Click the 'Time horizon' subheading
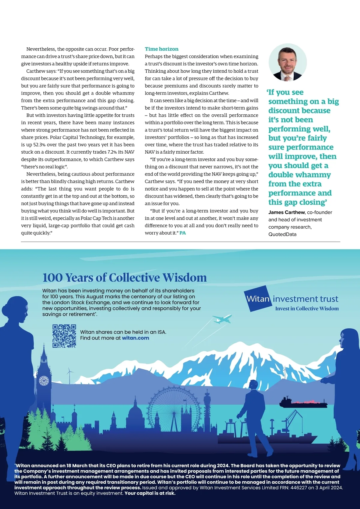pyautogui.click(x=161, y=49)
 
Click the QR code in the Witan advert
pyautogui.click(x=64, y=336)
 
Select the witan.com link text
pyautogui.click(x=135, y=338)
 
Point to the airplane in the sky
pyautogui.click(x=222, y=319)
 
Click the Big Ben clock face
pyautogui.click(x=44, y=381)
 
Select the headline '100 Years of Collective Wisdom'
pyautogui.click(x=124, y=278)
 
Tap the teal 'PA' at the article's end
pyautogui.click(x=183, y=233)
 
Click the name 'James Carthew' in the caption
pyautogui.click(x=286, y=212)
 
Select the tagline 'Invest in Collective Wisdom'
pyautogui.click(x=307, y=309)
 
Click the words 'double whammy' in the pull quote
pyautogui.click(x=299, y=175)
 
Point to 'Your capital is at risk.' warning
pyautogui.click(x=150, y=493)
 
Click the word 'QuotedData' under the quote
pyautogui.click(x=282, y=234)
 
